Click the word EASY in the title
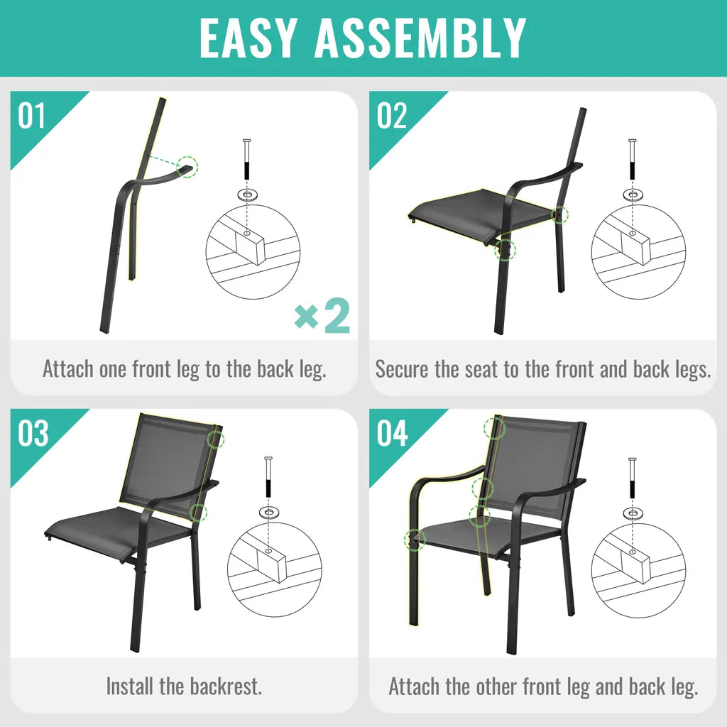tap(248, 38)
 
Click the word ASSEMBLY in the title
tap(420, 38)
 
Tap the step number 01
tap(31, 116)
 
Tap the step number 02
tap(392, 116)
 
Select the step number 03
tap(33, 434)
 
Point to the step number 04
tap(392, 434)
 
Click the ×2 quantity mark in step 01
tap(322, 316)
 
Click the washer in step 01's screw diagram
tap(246, 193)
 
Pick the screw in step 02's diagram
tap(632, 160)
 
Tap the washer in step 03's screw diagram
tap(268, 511)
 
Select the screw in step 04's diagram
tap(632, 478)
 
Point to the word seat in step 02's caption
tap(483, 369)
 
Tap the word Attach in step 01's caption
tap(68, 369)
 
